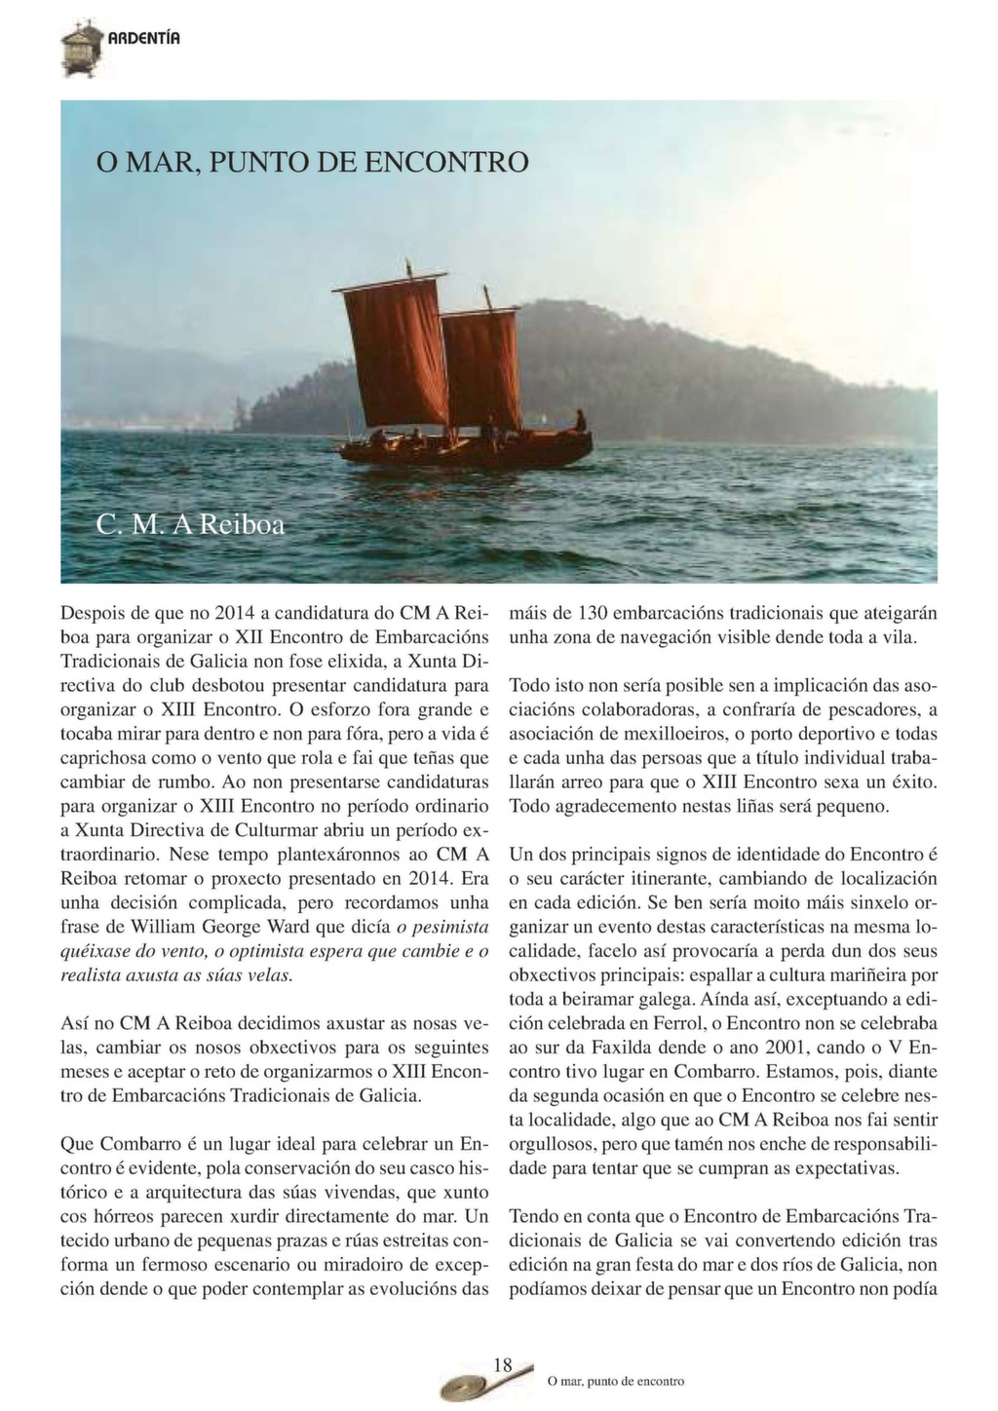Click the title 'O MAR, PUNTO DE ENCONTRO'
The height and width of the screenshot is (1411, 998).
click(312, 161)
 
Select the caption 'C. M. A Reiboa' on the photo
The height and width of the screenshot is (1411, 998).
click(191, 525)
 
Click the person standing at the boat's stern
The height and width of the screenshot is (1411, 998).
click(580, 421)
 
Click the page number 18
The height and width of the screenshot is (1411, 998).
click(502, 1365)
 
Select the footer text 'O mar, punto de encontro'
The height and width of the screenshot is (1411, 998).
click(616, 1381)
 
